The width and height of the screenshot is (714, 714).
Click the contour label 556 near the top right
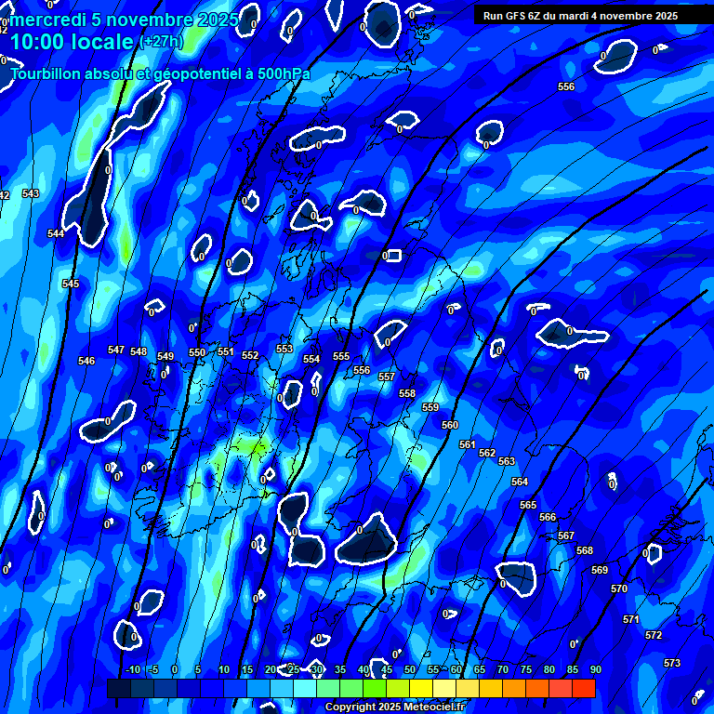566,86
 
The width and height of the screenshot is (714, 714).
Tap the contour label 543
31,193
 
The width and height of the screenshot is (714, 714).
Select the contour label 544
56,233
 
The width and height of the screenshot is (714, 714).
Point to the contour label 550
197,352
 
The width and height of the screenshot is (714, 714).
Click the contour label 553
284,349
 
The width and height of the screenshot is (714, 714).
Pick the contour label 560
450,425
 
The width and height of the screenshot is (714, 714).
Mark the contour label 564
520,482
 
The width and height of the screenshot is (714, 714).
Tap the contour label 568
584,550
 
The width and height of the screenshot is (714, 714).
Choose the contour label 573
672,663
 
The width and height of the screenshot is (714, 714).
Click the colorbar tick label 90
595,669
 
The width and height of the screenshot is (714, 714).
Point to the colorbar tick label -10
133,669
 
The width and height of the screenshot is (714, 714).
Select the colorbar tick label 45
387,669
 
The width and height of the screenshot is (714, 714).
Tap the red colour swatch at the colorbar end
584,688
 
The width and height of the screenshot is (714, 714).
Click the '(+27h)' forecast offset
161,42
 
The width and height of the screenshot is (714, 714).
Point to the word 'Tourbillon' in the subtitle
46,73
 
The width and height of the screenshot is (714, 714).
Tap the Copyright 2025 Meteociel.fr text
394,707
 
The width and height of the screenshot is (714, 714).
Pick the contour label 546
86,361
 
